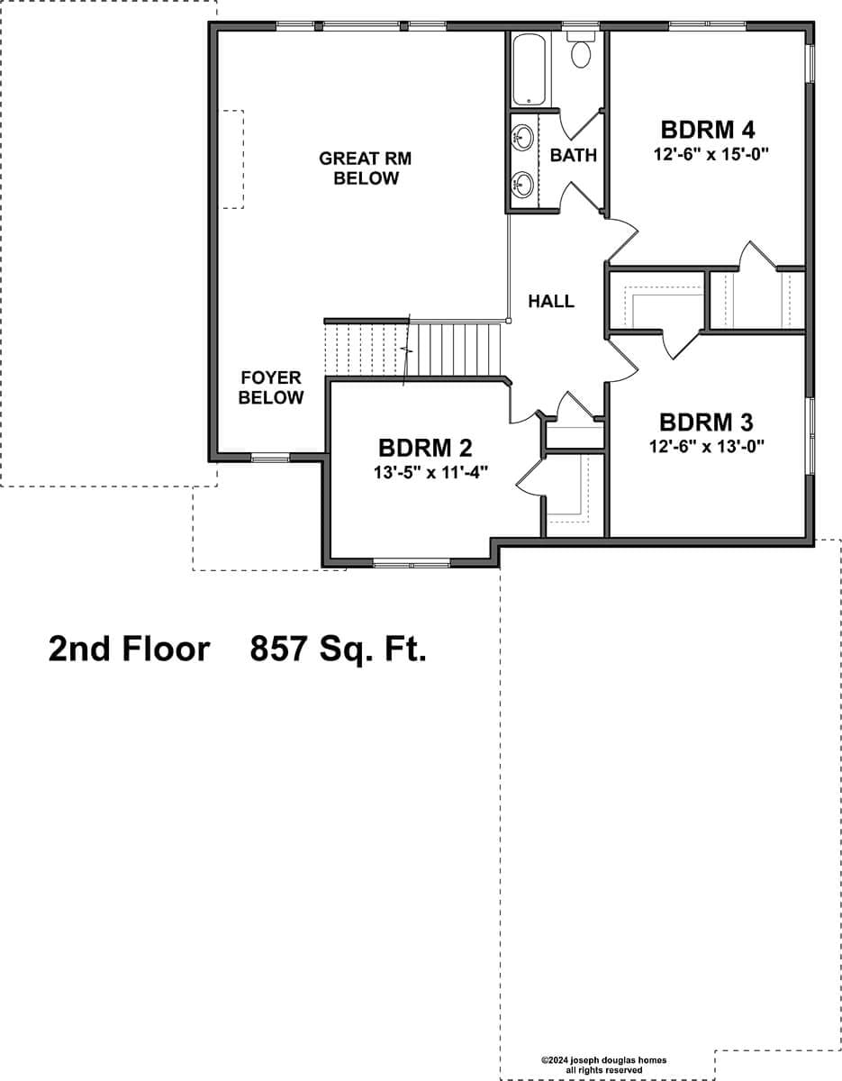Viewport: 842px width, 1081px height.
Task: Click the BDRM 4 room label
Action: point(707,130)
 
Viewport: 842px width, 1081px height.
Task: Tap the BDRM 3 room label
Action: point(706,422)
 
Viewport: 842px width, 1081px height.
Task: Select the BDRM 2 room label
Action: point(425,448)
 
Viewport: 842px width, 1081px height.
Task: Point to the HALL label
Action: point(551,301)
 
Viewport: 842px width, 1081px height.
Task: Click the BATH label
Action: point(574,155)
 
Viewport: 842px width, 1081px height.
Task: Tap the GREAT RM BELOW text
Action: point(366,168)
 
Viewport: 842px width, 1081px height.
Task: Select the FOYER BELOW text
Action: point(271,387)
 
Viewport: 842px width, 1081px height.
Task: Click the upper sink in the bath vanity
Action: point(522,136)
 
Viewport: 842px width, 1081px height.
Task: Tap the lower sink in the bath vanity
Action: point(522,185)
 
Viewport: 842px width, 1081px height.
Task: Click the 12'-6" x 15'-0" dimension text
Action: point(711,154)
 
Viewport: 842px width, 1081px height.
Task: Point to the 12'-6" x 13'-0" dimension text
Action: point(706,446)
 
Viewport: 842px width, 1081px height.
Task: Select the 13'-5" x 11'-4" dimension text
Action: point(430,472)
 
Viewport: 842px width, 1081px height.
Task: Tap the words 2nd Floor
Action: point(130,649)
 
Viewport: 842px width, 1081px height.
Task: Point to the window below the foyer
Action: point(270,458)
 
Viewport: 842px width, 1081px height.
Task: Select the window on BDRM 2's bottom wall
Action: point(412,563)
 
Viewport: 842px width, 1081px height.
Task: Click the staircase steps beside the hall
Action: point(412,350)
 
